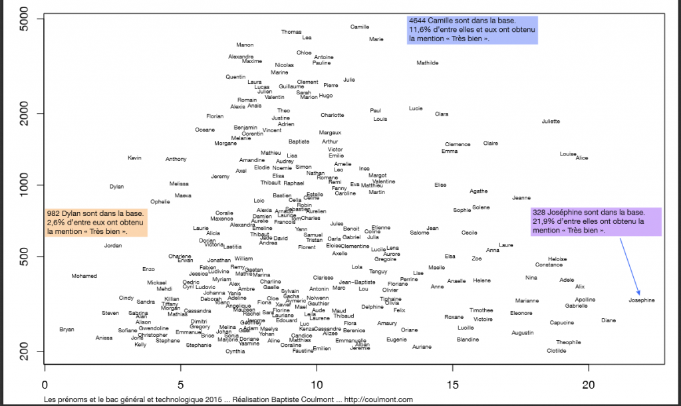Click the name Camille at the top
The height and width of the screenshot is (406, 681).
[360, 27]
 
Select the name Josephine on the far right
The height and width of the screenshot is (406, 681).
[641, 300]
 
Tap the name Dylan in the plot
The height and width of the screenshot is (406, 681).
[116, 187]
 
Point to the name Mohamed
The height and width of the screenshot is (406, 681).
[84, 276]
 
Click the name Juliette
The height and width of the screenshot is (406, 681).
[551, 122]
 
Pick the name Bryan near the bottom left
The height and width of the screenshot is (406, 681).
[67, 329]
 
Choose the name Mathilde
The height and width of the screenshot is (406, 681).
[428, 63]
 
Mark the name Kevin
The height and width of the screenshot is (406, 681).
[135, 158]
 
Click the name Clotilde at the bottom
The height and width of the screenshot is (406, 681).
[556, 351]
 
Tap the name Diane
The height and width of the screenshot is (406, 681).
[608, 320]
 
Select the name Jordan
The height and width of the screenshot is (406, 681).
[113, 246]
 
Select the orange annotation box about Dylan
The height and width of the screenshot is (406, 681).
[96, 223]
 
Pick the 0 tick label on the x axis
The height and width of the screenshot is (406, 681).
[45, 385]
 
